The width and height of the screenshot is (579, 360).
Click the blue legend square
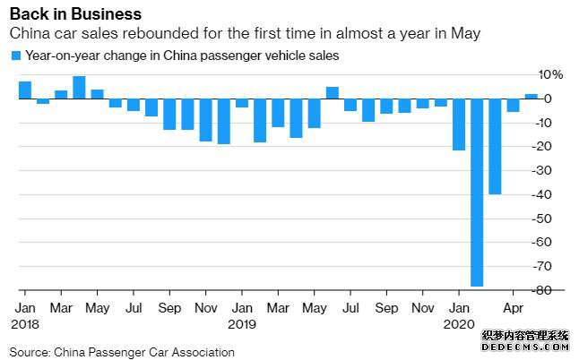(15, 56)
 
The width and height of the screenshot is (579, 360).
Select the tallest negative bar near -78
(477, 192)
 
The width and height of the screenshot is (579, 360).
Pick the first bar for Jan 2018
(25, 90)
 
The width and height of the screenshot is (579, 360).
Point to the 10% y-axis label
(550, 74)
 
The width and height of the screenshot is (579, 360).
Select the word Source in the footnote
(29, 352)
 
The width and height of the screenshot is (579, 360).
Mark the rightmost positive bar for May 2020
(531, 95)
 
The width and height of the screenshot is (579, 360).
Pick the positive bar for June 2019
(332, 92)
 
